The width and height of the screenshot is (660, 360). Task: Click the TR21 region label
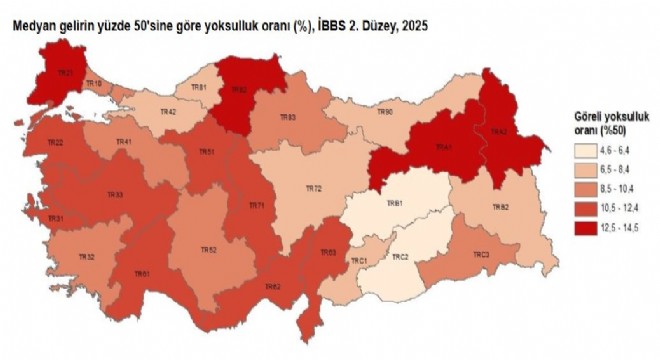[65, 73]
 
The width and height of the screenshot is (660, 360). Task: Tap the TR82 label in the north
[239, 89]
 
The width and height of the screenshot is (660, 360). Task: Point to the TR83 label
[288, 119]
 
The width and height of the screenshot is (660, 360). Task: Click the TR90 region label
[385, 112]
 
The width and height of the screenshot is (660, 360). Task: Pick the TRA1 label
[442, 147]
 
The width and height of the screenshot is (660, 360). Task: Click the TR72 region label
[313, 188]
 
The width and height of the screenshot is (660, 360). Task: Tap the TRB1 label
[395, 203]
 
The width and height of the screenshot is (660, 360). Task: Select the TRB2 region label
[501, 207]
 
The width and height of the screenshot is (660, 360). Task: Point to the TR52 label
[208, 249]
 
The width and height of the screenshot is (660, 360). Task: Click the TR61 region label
[144, 274]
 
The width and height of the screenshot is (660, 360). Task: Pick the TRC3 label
[481, 256]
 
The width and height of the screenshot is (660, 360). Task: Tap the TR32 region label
[87, 258]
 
